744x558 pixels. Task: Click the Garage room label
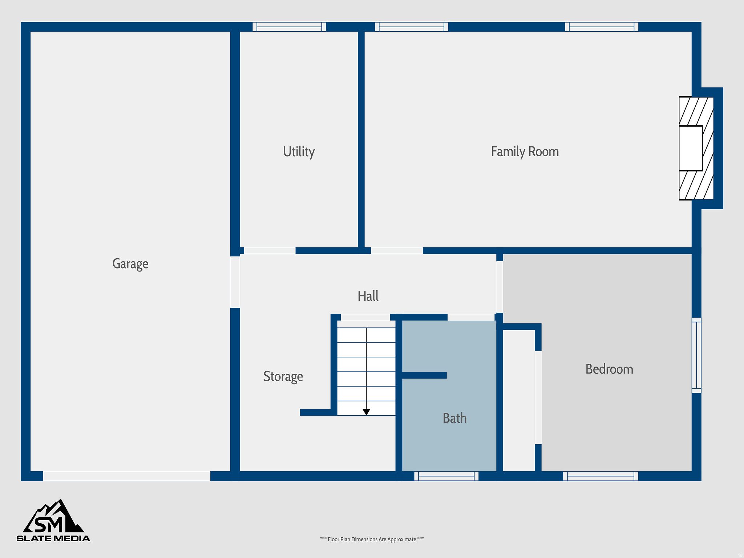[130, 264]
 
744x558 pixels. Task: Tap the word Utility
[299, 151]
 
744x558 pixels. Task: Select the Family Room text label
[525, 151]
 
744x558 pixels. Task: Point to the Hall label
[368, 296]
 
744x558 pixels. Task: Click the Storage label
[283, 376]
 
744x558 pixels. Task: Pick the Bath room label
[454, 418]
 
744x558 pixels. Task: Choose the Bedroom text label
[609, 369]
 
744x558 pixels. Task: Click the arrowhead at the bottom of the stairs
[366, 412]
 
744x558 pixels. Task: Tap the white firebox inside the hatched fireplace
[691, 148]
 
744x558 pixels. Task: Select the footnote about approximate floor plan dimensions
[372, 539]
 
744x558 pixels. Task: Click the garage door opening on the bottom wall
[126, 476]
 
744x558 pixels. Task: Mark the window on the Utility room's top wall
[289, 27]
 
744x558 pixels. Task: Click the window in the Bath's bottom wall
[446, 476]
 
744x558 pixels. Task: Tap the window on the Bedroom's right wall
[696, 355]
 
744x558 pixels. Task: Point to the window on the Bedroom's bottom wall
[601, 476]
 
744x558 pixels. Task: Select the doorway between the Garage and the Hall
[235, 282]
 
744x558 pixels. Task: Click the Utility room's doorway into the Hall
[270, 251]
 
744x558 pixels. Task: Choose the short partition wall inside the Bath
[424, 375]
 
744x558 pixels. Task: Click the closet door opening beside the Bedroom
[538, 397]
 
